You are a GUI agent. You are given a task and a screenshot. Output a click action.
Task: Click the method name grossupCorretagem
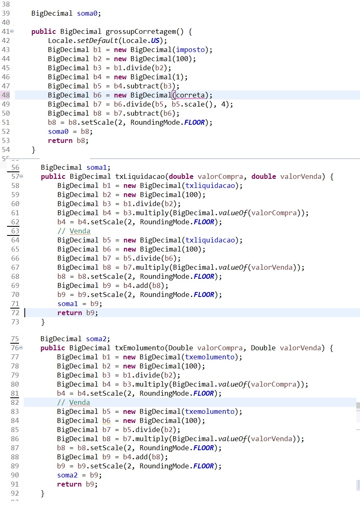(141, 32)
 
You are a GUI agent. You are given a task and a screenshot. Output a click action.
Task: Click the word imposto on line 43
(190, 50)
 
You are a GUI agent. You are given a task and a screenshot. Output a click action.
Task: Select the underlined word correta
(190, 95)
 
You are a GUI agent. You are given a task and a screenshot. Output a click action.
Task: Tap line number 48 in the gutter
(6, 95)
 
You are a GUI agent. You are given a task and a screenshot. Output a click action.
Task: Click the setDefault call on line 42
(97, 40)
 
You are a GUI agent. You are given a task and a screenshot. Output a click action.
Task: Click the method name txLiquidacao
(140, 176)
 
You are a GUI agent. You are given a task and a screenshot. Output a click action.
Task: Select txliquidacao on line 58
(210, 185)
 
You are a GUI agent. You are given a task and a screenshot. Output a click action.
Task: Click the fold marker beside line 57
(21, 176)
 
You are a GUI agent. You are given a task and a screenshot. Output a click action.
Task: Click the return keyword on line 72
(70, 313)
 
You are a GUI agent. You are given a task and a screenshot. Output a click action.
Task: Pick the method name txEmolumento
(140, 348)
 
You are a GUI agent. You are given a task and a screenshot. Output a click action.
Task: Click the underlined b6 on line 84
(107, 420)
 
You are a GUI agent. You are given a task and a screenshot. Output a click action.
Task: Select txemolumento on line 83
(210, 411)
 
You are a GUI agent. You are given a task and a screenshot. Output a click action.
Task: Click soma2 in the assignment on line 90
(67, 475)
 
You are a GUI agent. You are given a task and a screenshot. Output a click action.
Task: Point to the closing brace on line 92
(43, 494)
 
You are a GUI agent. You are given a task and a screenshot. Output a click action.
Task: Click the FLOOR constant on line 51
(194, 122)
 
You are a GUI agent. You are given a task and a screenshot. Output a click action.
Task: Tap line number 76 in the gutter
(14, 348)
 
